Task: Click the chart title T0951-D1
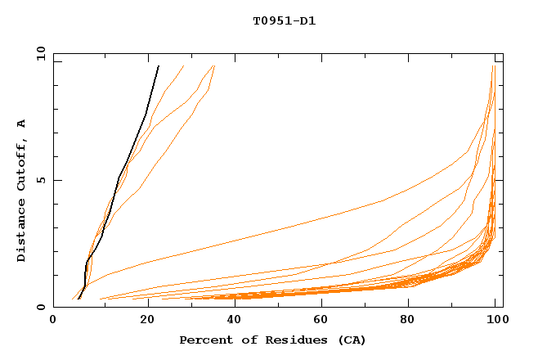click(x=284, y=21)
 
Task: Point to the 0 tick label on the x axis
click(x=53, y=322)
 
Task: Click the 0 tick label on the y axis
click(x=39, y=308)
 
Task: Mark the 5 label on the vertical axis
click(x=39, y=180)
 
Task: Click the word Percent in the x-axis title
click(x=203, y=340)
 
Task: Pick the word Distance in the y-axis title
click(x=22, y=232)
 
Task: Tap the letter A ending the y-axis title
click(x=22, y=124)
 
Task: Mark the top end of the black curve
click(x=158, y=66)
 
